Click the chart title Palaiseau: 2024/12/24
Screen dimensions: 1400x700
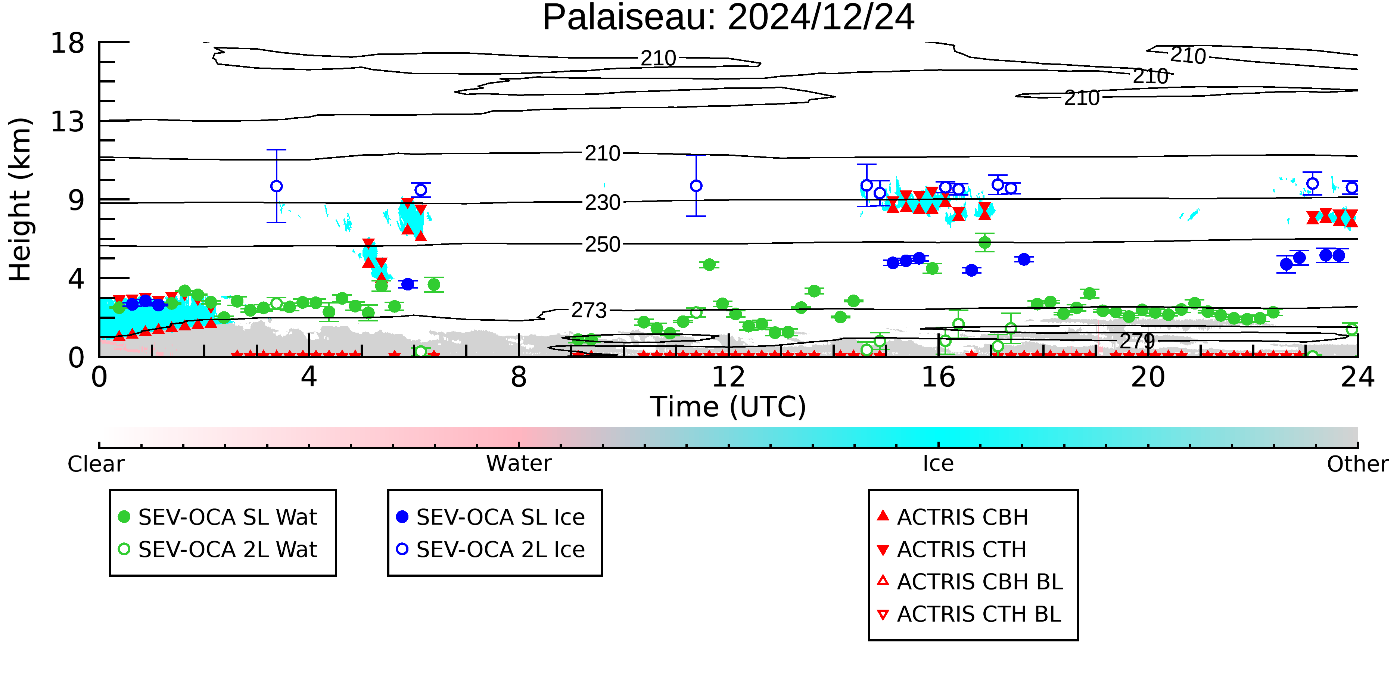728,18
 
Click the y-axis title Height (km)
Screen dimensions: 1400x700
20,199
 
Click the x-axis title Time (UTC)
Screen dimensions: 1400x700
728,407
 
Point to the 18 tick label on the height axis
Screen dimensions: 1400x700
68,43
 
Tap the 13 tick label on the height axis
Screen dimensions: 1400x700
68,122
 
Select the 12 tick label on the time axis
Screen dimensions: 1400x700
728,377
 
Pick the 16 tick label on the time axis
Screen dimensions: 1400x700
938,377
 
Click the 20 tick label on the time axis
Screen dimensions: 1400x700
1148,377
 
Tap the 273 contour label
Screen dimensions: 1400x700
589,310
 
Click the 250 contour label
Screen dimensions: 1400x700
602,245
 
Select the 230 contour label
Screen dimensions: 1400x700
602,203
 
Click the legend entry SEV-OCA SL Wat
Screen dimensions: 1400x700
217,517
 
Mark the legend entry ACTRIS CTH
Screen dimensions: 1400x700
952,550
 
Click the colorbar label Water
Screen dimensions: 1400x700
519,464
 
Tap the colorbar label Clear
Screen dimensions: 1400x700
96,464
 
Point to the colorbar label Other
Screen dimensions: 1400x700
1357,464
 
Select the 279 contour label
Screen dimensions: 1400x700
1137,341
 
